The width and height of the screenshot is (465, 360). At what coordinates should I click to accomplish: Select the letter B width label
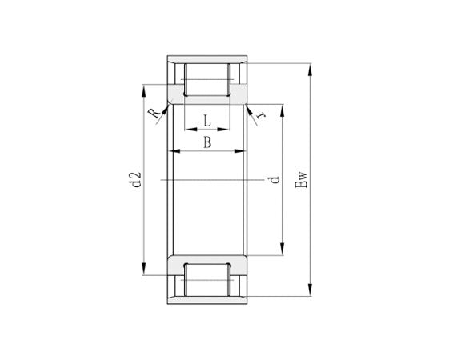[206, 142]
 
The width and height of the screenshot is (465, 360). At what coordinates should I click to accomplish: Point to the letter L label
[206, 122]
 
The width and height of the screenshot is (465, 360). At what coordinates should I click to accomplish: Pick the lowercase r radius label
[260, 115]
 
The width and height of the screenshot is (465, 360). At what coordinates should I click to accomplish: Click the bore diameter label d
[275, 180]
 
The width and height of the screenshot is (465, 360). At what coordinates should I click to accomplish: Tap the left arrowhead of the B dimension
[176, 151]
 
